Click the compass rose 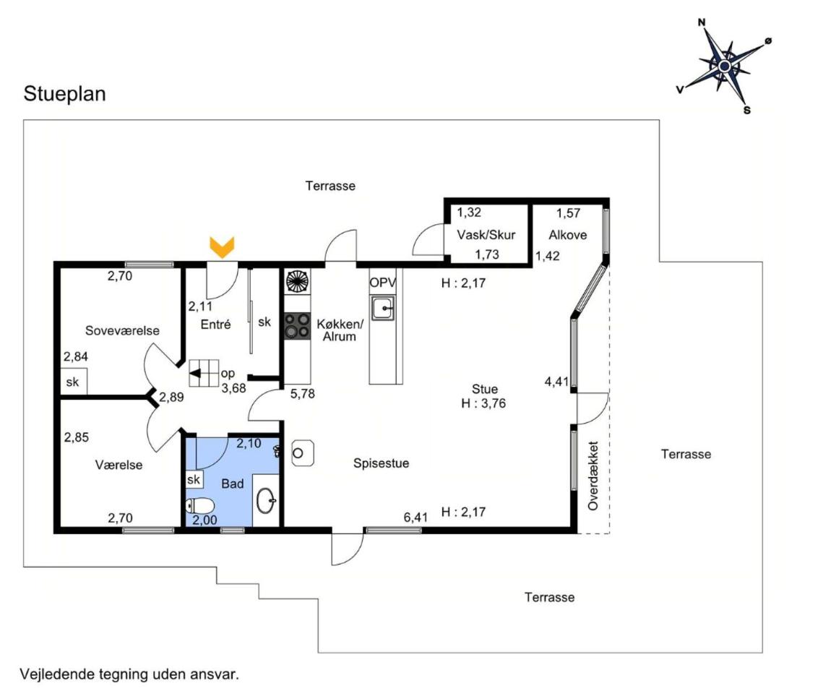[724, 66]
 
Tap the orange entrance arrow [222, 247]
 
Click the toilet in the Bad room [199, 505]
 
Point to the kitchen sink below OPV [382, 308]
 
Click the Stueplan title [65, 94]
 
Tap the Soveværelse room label [122, 330]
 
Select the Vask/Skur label [486, 235]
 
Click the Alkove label [567, 235]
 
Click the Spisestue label [381, 463]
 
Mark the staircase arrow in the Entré [196, 374]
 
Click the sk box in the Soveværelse [73, 382]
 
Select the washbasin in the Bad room [267, 499]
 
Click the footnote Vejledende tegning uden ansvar [129, 674]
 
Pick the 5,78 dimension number [303, 394]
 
